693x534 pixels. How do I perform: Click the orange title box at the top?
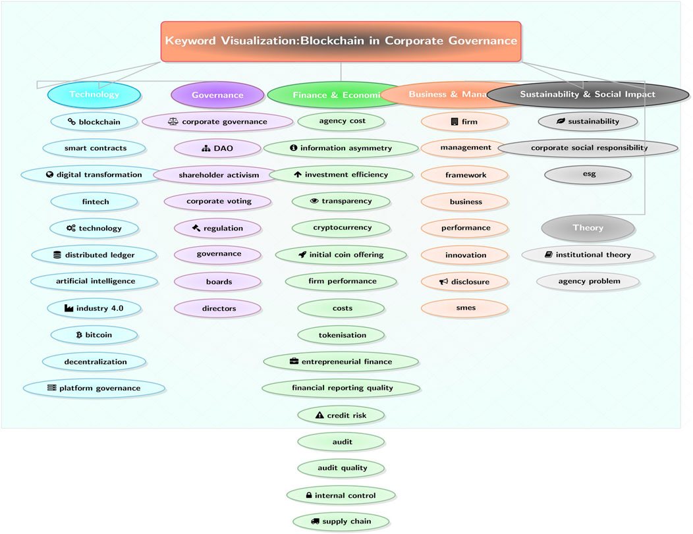pyautogui.click(x=341, y=41)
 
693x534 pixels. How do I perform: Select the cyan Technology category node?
pyautogui.click(x=94, y=95)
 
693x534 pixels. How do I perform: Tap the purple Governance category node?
pyautogui.click(x=217, y=95)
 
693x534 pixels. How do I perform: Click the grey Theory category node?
pyautogui.click(x=588, y=228)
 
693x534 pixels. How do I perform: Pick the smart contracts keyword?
pyautogui.click(x=95, y=148)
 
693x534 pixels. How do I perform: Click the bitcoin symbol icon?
pyautogui.click(x=79, y=335)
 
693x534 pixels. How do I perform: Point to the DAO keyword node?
pyautogui.click(x=218, y=148)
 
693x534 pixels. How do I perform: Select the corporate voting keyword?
pyautogui.click(x=218, y=201)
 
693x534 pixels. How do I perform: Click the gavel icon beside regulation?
pyautogui.click(x=196, y=228)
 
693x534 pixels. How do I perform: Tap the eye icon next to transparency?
pyautogui.click(x=314, y=201)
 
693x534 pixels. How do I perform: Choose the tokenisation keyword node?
pyautogui.click(x=341, y=335)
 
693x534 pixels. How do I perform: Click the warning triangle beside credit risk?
pyautogui.click(x=319, y=415)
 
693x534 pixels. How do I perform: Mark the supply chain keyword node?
pyautogui.click(x=341, y=521)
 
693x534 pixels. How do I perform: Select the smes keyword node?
pyautogui.click(x=465, y=307)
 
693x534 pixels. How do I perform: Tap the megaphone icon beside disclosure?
pyautogui.click(x=443, y=282)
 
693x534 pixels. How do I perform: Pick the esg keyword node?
pyautogui.click(x=588, y=175)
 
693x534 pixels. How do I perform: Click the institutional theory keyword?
pyautogui.click(x=588, y=255)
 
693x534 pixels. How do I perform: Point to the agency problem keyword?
pyautogui.click(x=588, y=281)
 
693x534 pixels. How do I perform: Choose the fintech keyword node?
pyautogui.click(x=94, y=201)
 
